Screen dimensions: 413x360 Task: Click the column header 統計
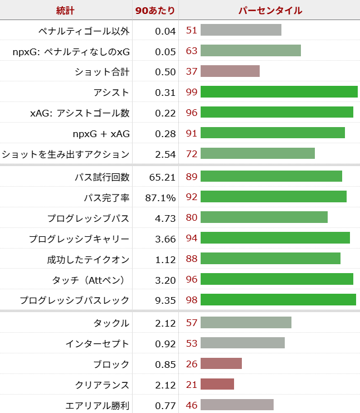point(65,10)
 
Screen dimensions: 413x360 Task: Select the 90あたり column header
point(155,10)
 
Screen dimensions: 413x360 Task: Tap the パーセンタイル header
point(270,10)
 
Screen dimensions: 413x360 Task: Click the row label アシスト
point(111,92)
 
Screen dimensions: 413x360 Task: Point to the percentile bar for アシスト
point(279,92)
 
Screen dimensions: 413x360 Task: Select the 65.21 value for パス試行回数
point(163,177)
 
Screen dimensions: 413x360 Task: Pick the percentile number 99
point(192,92)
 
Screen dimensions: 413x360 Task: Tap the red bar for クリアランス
point(217,385)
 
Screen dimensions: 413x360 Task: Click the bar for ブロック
point(221,364)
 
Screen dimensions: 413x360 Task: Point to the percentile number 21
point(192,385)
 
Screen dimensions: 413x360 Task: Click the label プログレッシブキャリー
point(79,239)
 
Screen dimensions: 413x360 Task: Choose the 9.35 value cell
point(166,300)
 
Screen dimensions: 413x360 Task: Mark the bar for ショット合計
point(230,71)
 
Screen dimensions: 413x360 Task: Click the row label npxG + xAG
point(101,133)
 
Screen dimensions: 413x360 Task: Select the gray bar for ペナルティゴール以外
point(241,30)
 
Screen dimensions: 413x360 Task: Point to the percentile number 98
point(192,300)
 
